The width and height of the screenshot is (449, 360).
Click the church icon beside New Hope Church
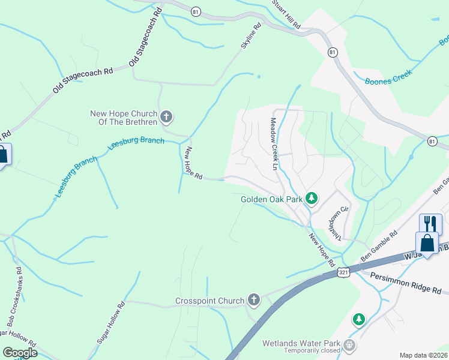(167, 116)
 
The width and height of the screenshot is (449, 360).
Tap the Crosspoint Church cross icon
(254, 301)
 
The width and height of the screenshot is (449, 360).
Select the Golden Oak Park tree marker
(311, 199)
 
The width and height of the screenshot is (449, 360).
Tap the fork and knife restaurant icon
(430, 224)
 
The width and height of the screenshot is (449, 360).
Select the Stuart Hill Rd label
(286, 14)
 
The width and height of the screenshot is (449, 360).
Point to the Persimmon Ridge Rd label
(406, 283)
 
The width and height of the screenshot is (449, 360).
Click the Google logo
(20, 353)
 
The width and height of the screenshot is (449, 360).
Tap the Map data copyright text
(423, 355)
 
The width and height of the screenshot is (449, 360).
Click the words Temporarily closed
(306, 352)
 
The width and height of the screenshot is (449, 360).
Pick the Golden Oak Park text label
(272, 199)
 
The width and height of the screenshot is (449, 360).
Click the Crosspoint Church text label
(209, 301)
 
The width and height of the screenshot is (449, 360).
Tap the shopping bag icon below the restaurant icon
(426, 244)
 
